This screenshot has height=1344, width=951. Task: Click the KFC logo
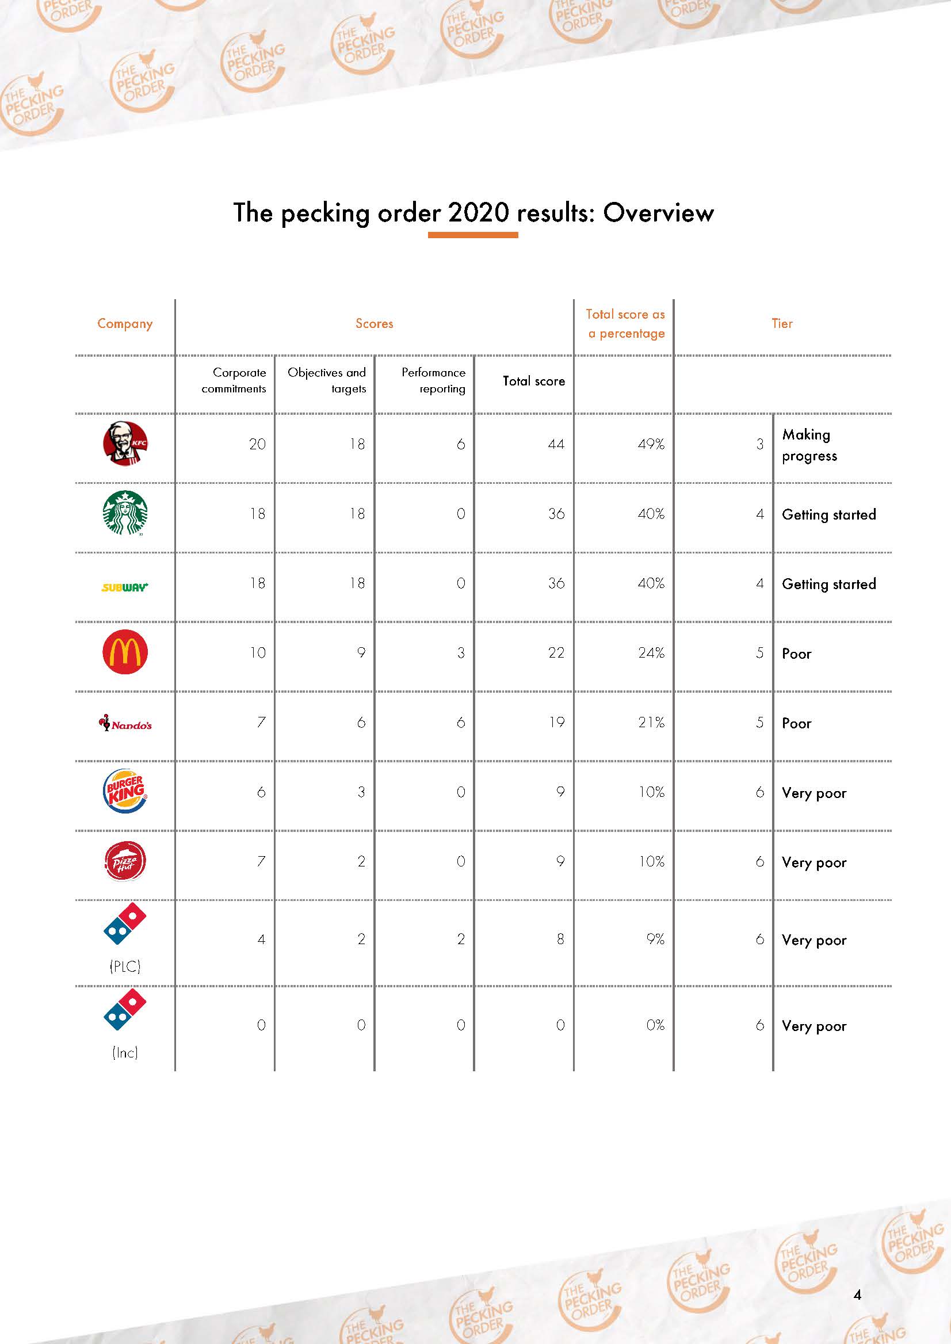point(125,444)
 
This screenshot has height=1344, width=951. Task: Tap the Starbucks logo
point(125,513)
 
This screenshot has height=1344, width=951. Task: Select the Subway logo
point(125,587)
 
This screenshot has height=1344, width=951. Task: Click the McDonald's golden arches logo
point(125,652)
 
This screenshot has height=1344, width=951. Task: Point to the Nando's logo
point(125,724)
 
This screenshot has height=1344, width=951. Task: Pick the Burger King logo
point(125,791)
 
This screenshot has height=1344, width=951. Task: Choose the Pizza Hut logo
point(125,861)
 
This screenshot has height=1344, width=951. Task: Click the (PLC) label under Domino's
point(125,966)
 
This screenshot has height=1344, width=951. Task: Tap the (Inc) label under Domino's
point(125,1052)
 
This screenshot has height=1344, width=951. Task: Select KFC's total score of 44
point(556,445)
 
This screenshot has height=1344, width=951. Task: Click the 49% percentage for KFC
point(651,445)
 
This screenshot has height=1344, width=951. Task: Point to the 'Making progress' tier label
point(809,445)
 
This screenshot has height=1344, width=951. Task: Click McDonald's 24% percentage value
point(651,653)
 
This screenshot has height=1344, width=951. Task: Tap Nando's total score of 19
point(556,723)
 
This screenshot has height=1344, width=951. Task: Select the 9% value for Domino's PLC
point(655,940)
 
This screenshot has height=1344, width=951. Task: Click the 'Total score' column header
point(533,381)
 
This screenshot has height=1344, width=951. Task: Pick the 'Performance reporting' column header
point(433,381)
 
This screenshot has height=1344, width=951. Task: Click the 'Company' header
point(125,324)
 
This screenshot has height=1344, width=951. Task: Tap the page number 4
point(857,1294)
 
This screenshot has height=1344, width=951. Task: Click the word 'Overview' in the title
point(658,212)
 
